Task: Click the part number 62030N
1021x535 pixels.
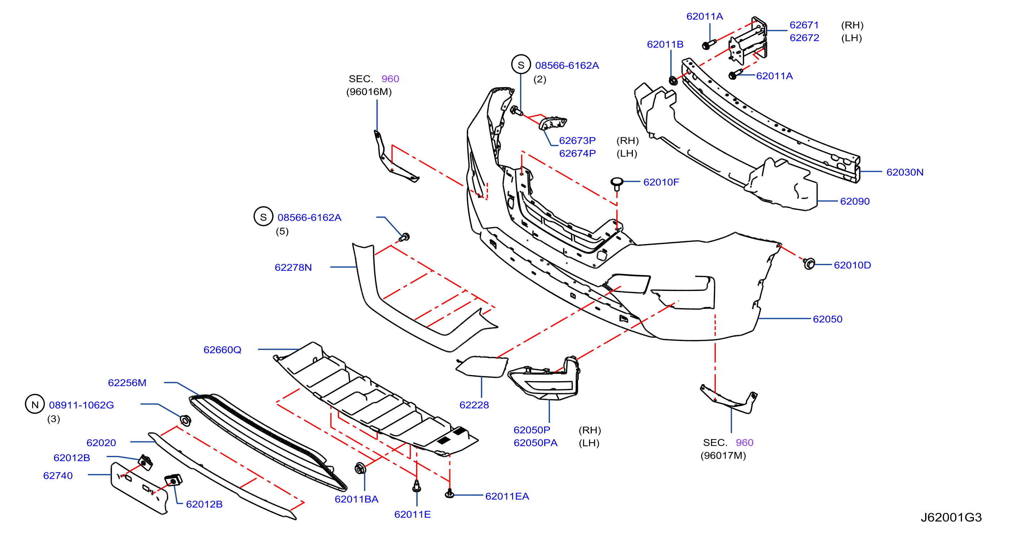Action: click(x=905, y=172)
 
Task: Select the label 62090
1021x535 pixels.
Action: click(x=855, y=201)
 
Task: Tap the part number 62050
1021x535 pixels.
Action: click(x=827, y=319)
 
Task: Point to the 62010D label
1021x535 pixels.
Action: click(x=853, y=265)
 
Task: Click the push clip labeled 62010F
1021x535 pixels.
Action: click(x=617, y=184)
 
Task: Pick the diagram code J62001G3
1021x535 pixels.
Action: click(x=951, y=517)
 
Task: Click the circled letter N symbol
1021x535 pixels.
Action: click(x=35, y=404)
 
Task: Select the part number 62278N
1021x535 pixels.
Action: click(x=293, y=267)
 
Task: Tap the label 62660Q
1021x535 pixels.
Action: click(x=222, y=350)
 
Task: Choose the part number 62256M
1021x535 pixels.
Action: click(x=127, y=383)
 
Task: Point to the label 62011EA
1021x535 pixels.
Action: click(x=507, y=496)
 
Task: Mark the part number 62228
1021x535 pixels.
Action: click(x=474, y=405)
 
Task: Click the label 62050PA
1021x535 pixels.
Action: click(x=536, y=443)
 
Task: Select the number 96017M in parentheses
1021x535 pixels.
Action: click(x=723, y=455)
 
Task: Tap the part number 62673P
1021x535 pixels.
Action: click(x=577, y=140)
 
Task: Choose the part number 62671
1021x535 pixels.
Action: click(x=804, y=25)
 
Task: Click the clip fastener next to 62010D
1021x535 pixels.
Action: click(x=809, y=263)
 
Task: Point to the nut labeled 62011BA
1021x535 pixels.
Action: click(x=360, y=468)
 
